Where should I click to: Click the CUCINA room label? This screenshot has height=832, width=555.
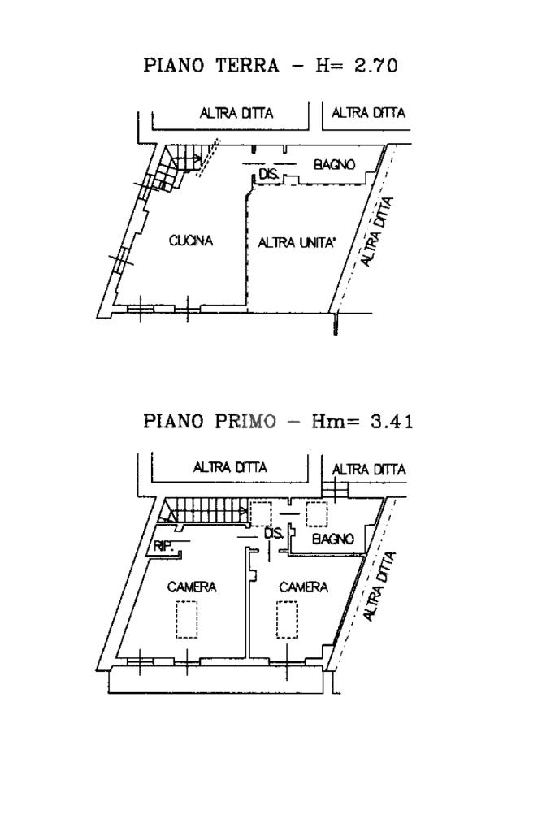pos(191,240)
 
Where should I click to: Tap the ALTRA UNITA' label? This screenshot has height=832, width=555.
pos(297,241)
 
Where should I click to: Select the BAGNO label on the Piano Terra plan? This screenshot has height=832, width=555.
pos(335,164)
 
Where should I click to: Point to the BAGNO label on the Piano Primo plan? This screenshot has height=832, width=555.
pos(333,539)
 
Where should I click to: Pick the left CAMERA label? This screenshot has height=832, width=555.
pos(192,587)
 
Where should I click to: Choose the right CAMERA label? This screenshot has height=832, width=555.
pos(303,587)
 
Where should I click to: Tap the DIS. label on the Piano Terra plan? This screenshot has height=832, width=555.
pos(269,174)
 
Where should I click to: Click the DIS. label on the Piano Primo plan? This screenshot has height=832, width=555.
pos(274,534)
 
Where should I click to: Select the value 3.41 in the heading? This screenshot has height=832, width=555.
pos(387,421)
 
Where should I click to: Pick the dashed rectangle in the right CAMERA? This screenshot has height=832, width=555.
pos(287,619)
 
